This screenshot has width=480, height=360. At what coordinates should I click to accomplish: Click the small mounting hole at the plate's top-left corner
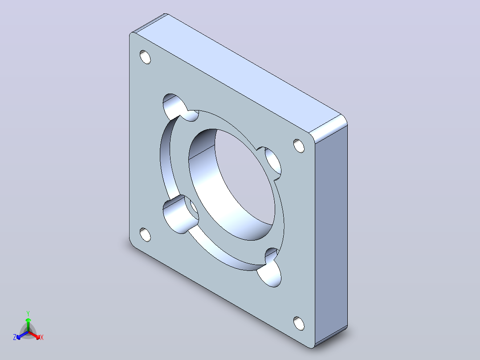tap(145, 57)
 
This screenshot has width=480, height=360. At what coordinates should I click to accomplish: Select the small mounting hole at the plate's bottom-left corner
tap(145, 235)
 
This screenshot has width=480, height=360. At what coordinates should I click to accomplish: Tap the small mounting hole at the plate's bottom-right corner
tap(299, 323)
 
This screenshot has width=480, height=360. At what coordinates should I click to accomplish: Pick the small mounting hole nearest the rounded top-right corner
tap(299, 146)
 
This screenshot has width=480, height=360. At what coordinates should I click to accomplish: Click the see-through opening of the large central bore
tap(245, 178)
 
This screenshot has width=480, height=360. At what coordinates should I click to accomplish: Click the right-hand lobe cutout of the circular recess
tap(273, 164)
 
